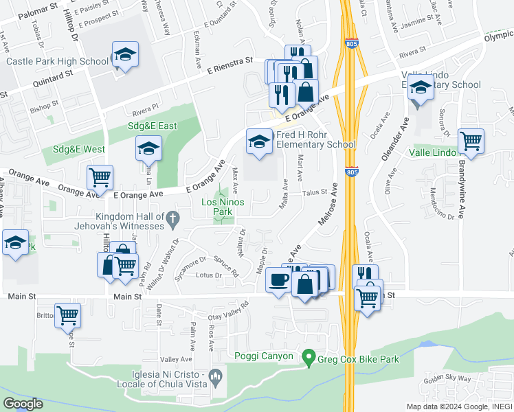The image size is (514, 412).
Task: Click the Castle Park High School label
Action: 57,61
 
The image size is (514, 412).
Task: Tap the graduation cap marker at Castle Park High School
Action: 126,55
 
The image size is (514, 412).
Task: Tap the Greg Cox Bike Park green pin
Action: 309,357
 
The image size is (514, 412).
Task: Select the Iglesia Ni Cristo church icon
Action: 216,376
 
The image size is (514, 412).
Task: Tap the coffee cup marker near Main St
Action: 279,281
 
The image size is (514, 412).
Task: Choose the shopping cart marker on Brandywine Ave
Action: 471,141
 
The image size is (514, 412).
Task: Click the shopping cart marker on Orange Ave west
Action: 100,178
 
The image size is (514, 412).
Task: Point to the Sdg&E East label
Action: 152,126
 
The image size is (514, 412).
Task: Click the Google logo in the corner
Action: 23,404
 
